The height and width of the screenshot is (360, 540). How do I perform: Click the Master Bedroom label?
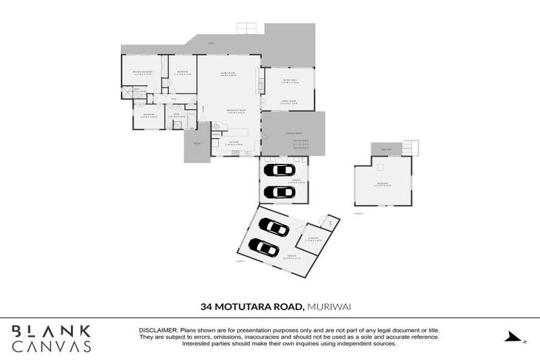[x=143, y=72]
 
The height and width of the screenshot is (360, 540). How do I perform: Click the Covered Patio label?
[x=293, y=133]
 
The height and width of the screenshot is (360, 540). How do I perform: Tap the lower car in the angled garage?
[x=264, y=247]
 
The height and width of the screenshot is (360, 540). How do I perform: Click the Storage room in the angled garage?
[x=313, y=238]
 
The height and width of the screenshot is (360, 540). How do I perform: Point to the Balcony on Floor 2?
[x=386, y=149]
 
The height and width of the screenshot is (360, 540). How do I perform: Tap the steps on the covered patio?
[x=300, y=144]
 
